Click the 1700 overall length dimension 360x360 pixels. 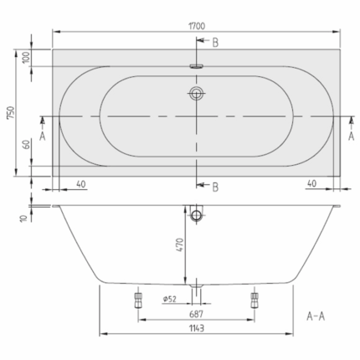tap(197, 26)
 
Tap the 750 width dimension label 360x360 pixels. tap(11, 113)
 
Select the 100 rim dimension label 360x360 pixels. tap(26, 58)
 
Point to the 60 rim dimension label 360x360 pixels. tap(26, 145)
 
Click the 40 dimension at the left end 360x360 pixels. tap(81, 184)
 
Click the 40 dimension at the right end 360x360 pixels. tap(311, 183)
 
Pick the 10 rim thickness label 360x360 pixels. tap(24, 219)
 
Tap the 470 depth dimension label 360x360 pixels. tap(180, 245)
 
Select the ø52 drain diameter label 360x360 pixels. tap(170, 299)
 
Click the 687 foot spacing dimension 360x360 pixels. tap(197, 314)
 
